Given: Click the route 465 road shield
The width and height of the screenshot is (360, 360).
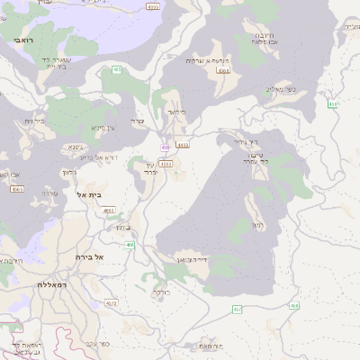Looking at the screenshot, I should [117, 69].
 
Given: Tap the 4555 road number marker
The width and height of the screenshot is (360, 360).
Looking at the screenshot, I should [153, 7].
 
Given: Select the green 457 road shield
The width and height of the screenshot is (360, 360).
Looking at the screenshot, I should [238, 310].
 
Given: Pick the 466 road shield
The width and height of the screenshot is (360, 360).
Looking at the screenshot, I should [130, 244].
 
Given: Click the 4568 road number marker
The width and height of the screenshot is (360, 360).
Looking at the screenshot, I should [223, 69].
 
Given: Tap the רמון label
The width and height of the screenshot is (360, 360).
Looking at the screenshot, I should [257, 224].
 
